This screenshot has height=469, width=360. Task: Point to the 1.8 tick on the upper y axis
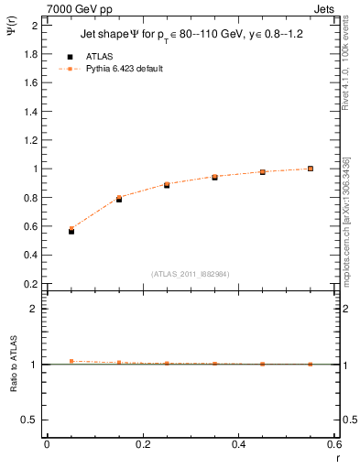pyautogui.click(x=31, y=54)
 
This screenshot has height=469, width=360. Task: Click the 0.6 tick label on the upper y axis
pyautogui.click(x=31, y=226)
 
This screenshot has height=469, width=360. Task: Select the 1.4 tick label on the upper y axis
pyautogui.click(x=31, y=112)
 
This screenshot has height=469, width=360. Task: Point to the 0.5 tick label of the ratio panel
pyautogui.click(x=31, y=420)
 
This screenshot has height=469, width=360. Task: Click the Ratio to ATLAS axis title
pyautogui.click(x=14, y=366)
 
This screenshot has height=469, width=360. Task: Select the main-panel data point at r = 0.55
pyautogui.click(x=311, y=169)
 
